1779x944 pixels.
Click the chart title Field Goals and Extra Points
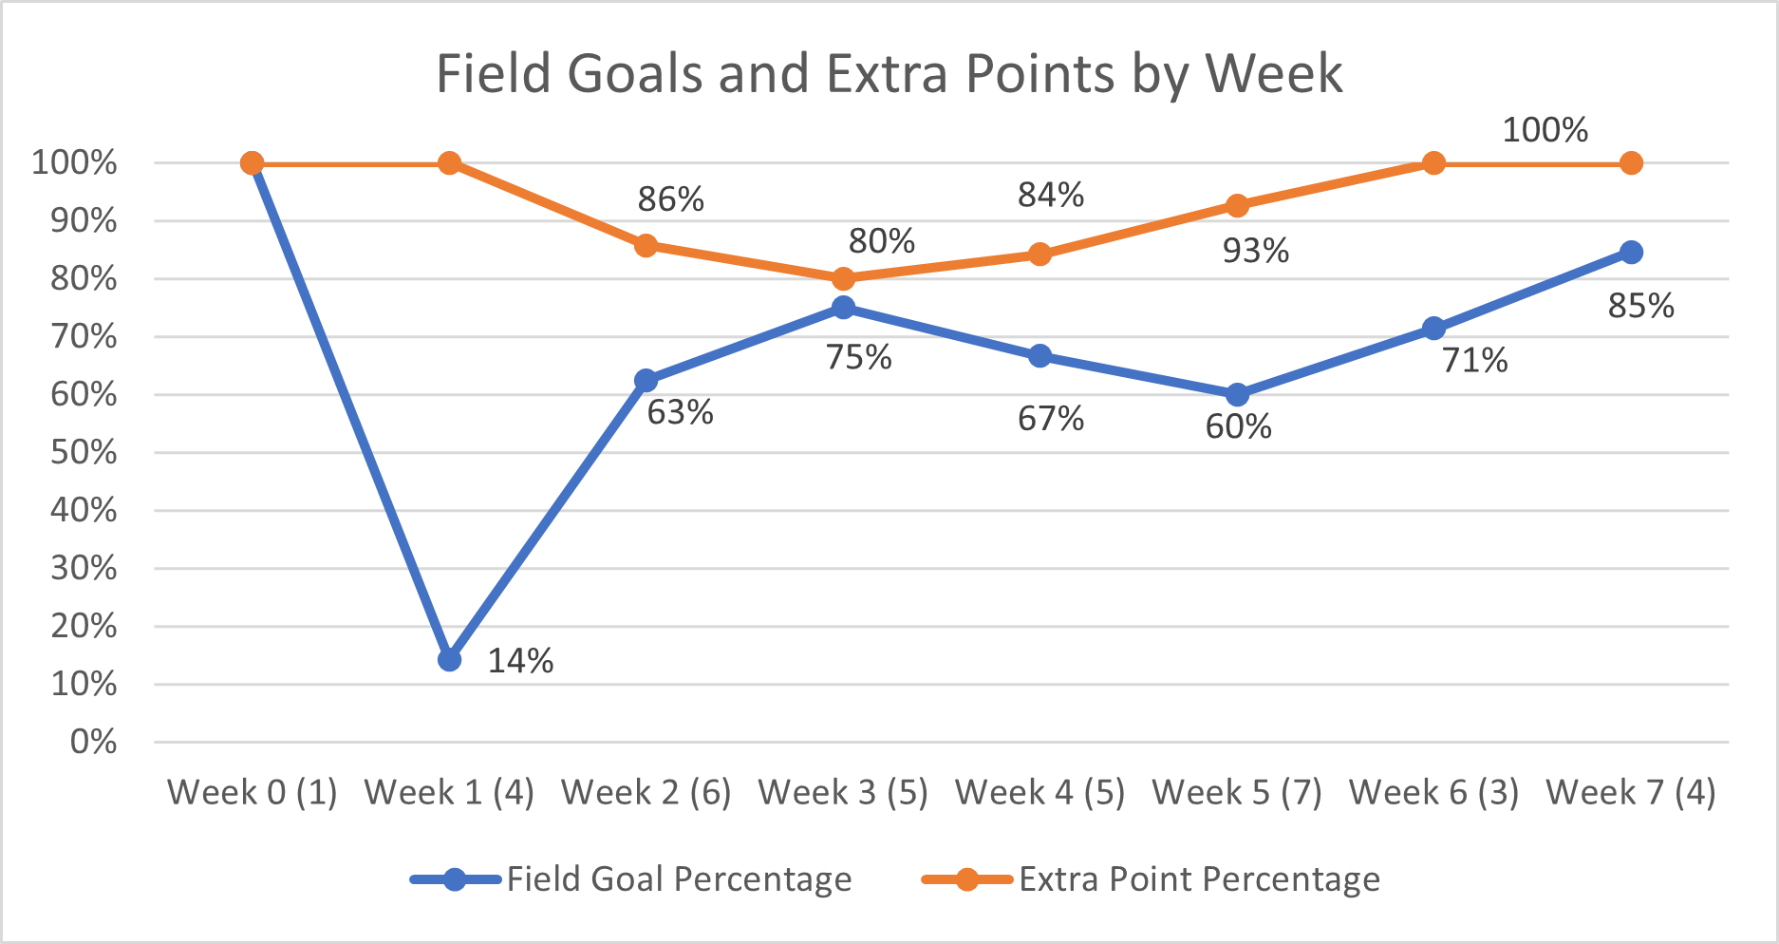pyautogui.click(x=889, y=74)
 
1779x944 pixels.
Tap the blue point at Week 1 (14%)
pyautogui.click(x=450, y=659)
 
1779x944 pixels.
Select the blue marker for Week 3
pyautogui.click(x=843, y=307)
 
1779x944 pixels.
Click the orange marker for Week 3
pyautogui.click(x=843, y=278)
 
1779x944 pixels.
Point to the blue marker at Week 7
pyautogui.click(x=1631, y=252)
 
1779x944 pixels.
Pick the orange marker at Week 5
pyautogui.click(x=1237, y=205)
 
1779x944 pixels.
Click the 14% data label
pyautogui.click(x=520, y=661)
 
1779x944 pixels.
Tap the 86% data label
pyautogui.click(x=670, y=199)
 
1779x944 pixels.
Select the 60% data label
pyautogui.click(x=1238, y=427)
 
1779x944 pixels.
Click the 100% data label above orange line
pyautogui.click(x=1545, y=130)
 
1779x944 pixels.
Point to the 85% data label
pyautogui.click(x=1640, y=306)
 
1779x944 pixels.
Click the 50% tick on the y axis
pyautogui.click(x=84, y=452)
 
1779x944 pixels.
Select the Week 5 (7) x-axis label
pyautogui.click(x=1237, y=792)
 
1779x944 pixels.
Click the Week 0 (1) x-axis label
pyautogui.click(x=253, y=792)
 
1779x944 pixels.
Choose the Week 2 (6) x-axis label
pyautogui.click(x=646, y=792)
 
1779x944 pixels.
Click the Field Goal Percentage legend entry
pyautogui.click(x=678, y=879)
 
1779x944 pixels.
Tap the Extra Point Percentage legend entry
pyautogui.click(x=1198, y=879)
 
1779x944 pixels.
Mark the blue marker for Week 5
pyautogui.click(x=1237, y=394)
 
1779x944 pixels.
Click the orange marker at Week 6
pyautogui.click(x=1433, y=163)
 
